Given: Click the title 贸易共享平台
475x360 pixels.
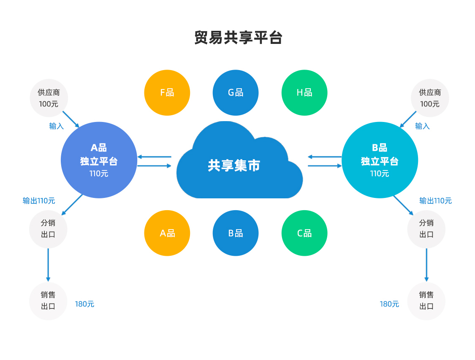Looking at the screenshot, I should click(238, 38).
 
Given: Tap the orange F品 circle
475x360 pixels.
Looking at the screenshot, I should click(167, 92).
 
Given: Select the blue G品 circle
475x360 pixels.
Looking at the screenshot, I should click(236, 92).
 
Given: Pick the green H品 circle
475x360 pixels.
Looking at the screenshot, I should click(304, 92).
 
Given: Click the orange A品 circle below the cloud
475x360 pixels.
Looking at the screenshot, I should click(167, 233).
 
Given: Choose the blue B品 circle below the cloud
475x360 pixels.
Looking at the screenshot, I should click(236, 233).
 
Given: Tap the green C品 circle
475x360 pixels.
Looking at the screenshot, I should click(304, 233).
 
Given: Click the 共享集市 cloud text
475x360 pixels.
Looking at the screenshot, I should click(234, 165).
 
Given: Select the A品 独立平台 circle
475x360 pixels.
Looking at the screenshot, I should click(99, 160).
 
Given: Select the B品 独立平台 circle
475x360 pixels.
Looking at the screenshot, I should click(380, 160).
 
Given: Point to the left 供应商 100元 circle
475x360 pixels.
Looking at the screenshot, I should click(49, 98).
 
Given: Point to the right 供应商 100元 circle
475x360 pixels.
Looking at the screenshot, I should click(430, 98).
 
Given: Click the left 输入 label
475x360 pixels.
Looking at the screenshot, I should click(56, 126).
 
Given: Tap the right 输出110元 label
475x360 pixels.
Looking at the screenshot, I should click(435, 201).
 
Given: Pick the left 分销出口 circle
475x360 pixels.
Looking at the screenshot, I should click(48, 229).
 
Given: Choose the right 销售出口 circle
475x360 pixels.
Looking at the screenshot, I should click(426, 301).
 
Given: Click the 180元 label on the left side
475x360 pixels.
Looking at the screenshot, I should click(84, 304).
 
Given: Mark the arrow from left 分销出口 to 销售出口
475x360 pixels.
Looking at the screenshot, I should click(48, 265).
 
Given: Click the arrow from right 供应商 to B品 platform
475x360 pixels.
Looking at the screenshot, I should click(408, 119).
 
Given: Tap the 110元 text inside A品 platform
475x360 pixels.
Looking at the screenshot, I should click(99, 173).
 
